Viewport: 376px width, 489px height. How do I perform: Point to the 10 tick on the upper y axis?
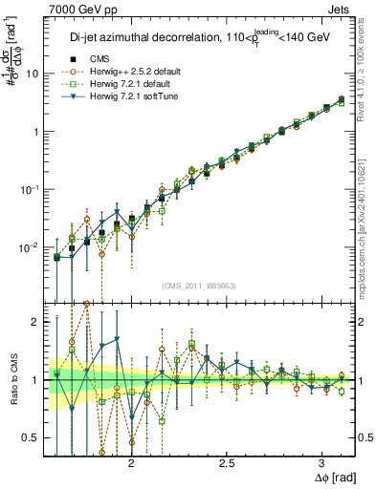click(x=33, y=74)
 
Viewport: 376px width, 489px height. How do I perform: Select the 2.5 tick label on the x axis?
click(x=227, y=462)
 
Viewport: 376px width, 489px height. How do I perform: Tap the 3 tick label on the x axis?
click(x=322, y=462)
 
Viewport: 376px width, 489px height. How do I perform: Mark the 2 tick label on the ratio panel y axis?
click(x=36, y=322)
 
